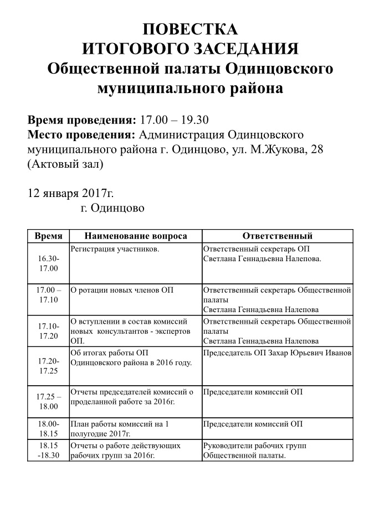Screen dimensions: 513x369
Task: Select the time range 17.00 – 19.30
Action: pos(174,120)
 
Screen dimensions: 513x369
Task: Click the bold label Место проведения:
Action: pos(81,135)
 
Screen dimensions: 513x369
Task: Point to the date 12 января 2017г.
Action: pos(70,193)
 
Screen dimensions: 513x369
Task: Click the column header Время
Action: pos(48,236)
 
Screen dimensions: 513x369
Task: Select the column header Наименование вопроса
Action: pos(135,236)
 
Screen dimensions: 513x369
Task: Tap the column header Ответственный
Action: pos(278,236)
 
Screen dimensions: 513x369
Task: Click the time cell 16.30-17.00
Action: pos(48,263)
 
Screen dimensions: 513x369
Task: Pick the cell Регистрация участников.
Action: pos(115,249)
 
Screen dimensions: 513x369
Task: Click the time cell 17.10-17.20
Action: pos(48,331)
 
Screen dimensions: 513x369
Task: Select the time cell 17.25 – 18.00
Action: pos(48,402)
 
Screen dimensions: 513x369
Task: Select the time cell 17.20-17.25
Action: pos(48,366)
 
